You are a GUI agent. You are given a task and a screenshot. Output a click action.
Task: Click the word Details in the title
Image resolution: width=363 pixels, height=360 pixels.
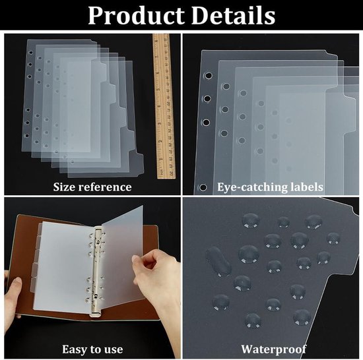tap(234, 15)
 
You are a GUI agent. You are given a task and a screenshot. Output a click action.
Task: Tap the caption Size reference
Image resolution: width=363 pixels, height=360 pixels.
tap(92, 187)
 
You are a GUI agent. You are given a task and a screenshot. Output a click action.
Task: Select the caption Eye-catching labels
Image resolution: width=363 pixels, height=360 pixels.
tap(270, 187)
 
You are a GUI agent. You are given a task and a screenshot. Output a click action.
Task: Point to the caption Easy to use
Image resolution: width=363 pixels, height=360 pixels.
tap(92, 349)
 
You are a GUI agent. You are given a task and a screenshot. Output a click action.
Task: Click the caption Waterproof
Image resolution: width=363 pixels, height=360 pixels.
tap(274, 349)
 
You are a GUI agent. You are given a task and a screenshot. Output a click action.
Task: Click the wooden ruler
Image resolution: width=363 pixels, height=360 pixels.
tap(164, 106)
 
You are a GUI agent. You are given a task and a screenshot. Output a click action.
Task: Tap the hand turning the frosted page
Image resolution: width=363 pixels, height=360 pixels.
tap(158, 284)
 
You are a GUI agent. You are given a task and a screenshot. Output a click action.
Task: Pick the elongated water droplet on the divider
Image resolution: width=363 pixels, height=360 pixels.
tap(218, 262)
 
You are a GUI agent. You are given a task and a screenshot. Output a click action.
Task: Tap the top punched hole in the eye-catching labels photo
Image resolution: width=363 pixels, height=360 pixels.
tap(209, 76)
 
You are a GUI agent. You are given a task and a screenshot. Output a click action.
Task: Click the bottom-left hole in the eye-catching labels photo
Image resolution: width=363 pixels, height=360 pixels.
tap(203, 187)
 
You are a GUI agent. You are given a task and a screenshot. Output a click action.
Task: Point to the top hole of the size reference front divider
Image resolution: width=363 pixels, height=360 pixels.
tap(30, 53)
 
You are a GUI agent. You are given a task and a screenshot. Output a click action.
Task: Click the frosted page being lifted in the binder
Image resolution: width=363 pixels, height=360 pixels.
tap(123, 256)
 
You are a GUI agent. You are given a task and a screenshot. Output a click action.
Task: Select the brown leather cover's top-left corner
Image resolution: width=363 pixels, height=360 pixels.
tap(18, 215)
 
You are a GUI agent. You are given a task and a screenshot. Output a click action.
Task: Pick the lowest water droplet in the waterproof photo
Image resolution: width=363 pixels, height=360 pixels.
tap(253, 320)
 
